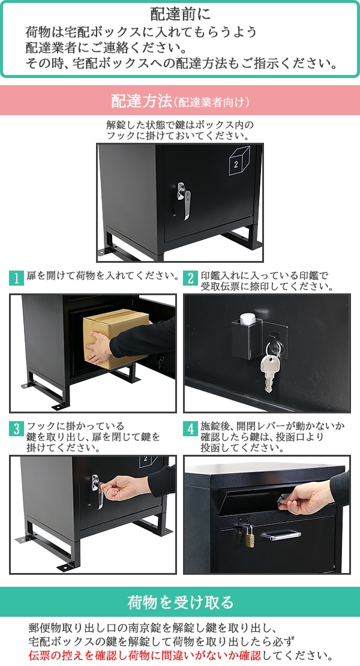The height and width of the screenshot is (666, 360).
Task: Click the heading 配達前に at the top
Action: click(x=180, y=14)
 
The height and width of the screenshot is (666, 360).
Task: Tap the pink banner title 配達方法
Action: click(x=142, y=101)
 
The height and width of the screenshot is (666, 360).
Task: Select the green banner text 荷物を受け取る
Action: click(x=181, y=602)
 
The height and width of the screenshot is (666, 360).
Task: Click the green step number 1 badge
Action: click(x=16, y=278)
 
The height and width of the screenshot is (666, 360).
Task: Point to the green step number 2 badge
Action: click(x=190, y=278)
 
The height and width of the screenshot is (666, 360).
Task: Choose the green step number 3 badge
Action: click(x=16, y=428)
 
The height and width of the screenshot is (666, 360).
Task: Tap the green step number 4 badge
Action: click(x=190, y=428)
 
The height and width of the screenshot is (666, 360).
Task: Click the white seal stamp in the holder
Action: click(x=248, y=319)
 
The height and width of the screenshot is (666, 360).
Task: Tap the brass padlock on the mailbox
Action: click(x=249, y=536)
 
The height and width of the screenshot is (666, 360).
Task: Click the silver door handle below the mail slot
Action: click(x=285, y=536)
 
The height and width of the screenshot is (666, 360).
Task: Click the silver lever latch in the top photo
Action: click(x=184, y=201)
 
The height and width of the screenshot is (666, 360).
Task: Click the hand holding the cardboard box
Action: click(x=98, y=347)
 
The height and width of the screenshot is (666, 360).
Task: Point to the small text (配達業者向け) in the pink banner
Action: click(x=211, y=102)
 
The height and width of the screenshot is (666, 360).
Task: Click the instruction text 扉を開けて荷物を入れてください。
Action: click(x=103, y=275)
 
